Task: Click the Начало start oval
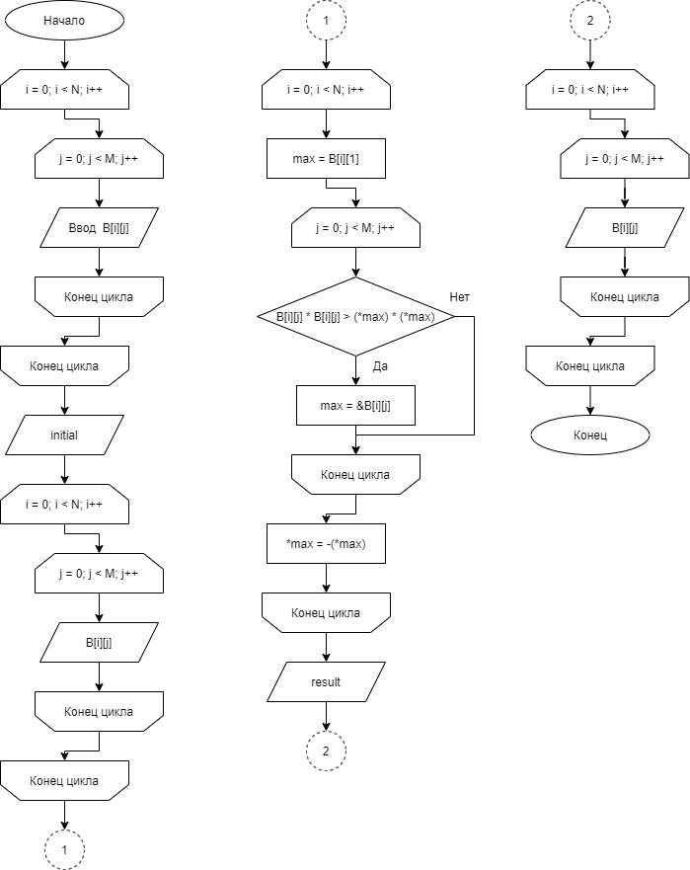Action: click(64, 20)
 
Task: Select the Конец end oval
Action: click(590, 435)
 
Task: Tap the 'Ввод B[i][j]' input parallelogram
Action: click(99, 227)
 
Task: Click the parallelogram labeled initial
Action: click(64, 435)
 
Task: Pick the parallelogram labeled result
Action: click(326, 682)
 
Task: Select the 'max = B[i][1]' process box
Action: click(326, 159)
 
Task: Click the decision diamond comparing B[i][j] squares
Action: click(355, 316)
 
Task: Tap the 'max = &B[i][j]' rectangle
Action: click(355, 406)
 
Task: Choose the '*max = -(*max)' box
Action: click(326, 544)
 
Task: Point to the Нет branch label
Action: click(459, 297)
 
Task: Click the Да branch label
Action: click(380, 366)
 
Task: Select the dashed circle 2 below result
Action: click(326, 751)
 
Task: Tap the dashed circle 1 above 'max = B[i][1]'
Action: click(326, 20)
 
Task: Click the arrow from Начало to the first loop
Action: click(64, 54)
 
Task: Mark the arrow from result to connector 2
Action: click(326, 716)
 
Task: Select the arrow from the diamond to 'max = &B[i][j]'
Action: click(355, 370)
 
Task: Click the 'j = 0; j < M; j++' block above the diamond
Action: click(355, 227)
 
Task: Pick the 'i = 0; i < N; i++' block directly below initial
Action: click(64, 505)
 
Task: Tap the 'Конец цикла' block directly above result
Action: click(326, 612)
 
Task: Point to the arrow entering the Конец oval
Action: click(590, 401)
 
